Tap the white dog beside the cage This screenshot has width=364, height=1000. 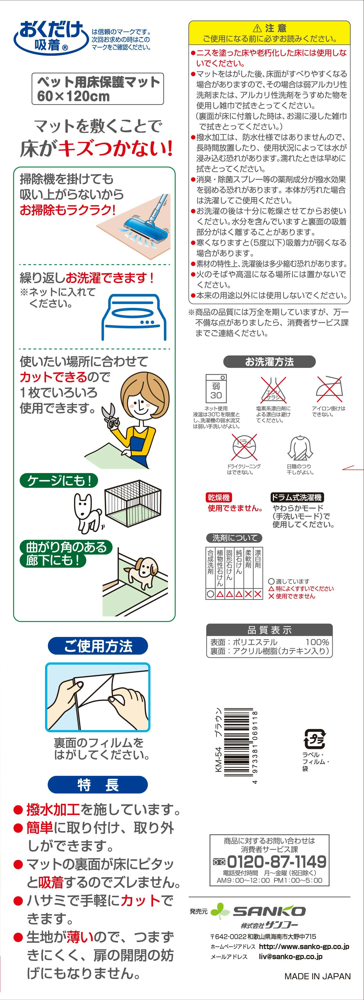pos(88,512)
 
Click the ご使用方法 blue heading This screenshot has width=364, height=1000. pos(98,646)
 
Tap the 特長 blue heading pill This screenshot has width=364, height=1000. pos(98,785)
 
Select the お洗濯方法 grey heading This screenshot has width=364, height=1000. pos(269,362)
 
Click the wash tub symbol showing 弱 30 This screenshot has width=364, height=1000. pos(216,389)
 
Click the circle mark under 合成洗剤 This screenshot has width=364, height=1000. pos(210,594)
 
